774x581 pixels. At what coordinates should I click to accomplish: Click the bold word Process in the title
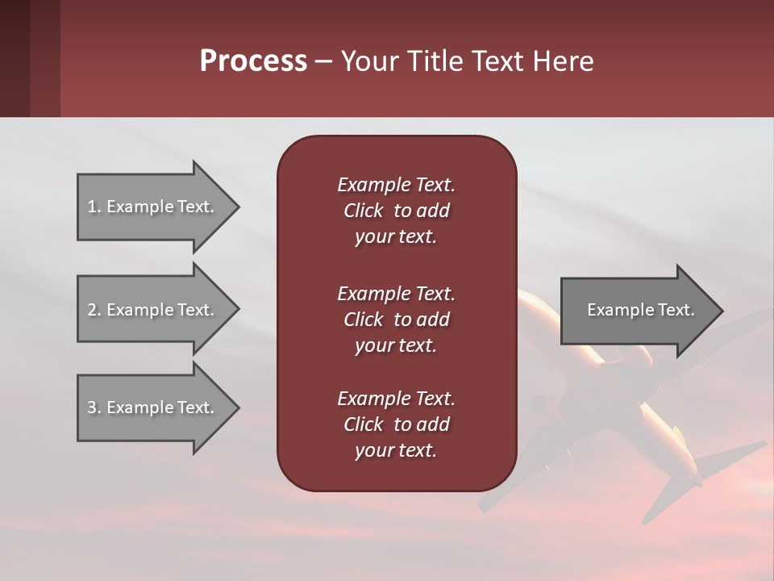[253, 61]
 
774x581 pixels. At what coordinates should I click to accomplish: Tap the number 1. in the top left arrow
[94, 207]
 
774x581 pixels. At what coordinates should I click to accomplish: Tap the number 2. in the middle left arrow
[94, 310]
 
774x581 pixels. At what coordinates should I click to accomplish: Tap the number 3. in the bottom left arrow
[94, 408]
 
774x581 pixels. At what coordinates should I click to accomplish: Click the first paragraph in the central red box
[396, 211]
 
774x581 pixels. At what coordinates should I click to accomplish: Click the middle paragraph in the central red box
[396, 320]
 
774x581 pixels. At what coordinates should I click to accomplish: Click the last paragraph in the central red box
[396, 424]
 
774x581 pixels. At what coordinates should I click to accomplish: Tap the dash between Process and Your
[323, 62]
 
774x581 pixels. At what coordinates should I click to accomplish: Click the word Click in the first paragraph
[364, 211]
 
